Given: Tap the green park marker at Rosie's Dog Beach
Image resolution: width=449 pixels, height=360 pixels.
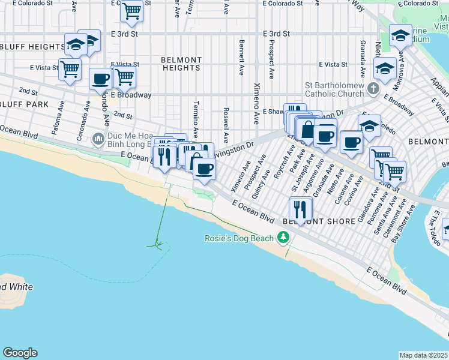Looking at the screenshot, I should [283, 238].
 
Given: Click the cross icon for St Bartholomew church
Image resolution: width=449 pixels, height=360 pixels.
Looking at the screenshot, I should [373, 89].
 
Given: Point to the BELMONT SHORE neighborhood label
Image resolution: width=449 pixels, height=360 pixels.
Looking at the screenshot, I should [312, 221].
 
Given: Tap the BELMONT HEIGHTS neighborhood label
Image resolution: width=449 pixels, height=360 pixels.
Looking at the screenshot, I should [181, 64].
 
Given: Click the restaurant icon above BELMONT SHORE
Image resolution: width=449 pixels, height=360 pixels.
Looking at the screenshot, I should [300, 209].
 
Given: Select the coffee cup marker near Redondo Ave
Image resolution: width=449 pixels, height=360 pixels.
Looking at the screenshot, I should [100, 78].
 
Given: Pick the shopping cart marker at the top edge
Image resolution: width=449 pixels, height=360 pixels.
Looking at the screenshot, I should [131, 10].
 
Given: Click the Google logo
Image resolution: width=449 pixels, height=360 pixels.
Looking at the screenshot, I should [20, 353].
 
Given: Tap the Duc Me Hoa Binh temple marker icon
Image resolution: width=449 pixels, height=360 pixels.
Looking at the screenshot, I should [99, 140].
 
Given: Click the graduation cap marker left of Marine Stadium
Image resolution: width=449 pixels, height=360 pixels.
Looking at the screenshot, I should [400, 35].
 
